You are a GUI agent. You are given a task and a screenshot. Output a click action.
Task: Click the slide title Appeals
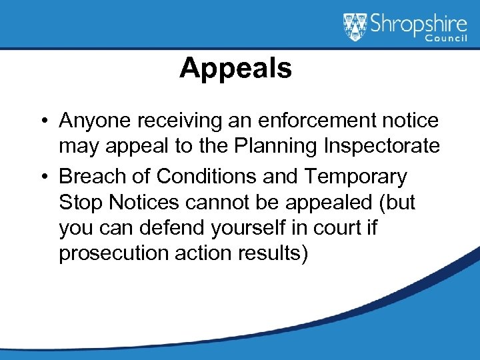(235, 69)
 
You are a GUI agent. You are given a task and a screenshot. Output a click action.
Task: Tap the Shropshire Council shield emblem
(355, 27)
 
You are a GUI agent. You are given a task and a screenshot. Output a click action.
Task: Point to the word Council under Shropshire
(447, 39)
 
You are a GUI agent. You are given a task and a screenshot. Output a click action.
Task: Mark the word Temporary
(357, 177)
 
